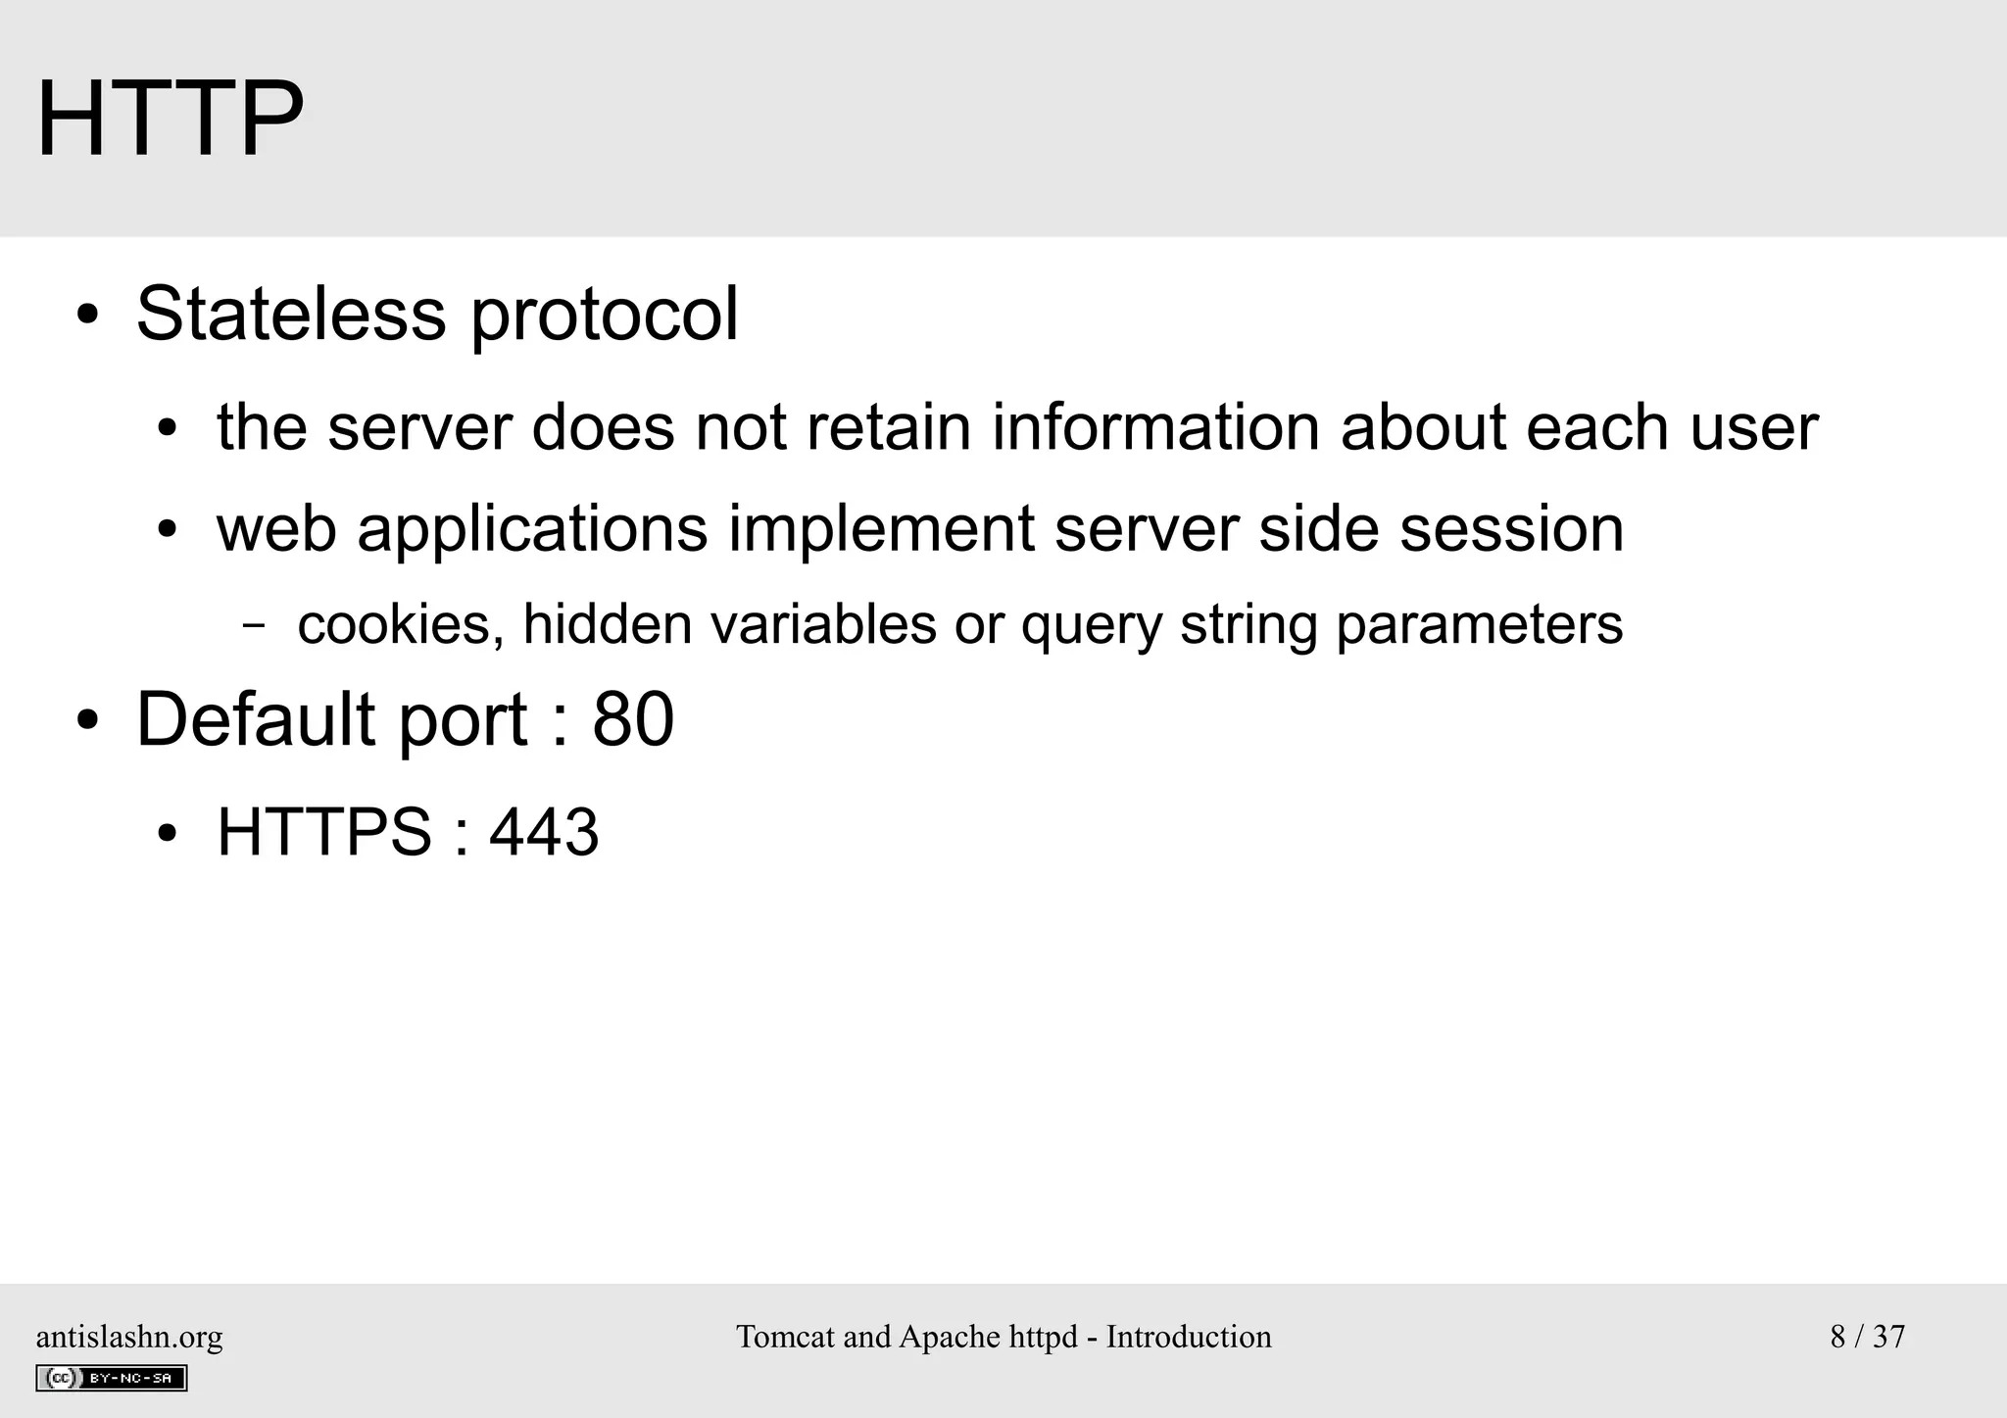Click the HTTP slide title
(x=170, y=121)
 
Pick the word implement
(x=881, y=530)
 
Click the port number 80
(x=633, y=719)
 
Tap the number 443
(x=544, y=833)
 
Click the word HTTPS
(x=324, y=833)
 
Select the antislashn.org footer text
(x=129, y=1337)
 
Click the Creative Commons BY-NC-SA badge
(x=111, y=1378)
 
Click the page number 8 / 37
(x=1867, y=1337)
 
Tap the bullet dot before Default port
(x=88, y=721)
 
